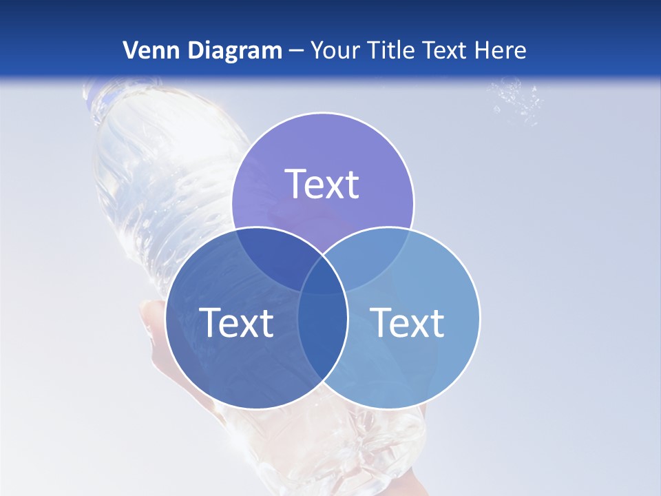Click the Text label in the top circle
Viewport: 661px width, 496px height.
pyautogui.click(x=322, y=184)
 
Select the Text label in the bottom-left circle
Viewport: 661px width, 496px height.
pyautogui.click(x=236, y=322)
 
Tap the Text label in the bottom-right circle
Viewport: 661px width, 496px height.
pyautogui.click(x=407, y=322)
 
